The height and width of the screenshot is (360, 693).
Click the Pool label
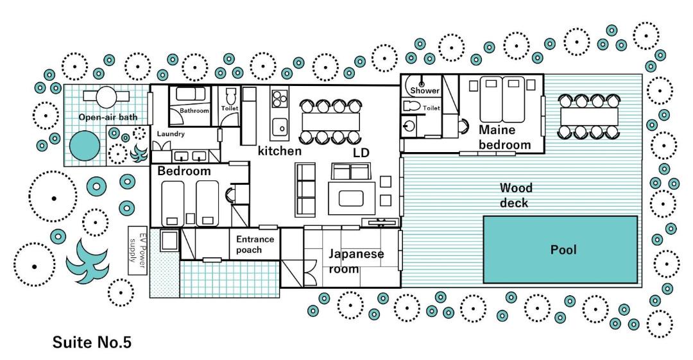(563, 250)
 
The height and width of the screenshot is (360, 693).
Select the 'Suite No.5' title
(92, 342)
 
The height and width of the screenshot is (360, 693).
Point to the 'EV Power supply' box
(137, 250)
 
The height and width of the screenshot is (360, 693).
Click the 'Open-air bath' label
(108, 117)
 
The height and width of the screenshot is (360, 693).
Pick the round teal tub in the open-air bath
(85, 145)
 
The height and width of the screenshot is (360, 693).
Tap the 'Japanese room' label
(355, 261)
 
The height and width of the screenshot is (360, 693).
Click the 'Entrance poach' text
(255, 244)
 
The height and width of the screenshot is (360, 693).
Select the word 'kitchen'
(279, 151)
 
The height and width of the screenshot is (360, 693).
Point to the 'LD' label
(361, 153)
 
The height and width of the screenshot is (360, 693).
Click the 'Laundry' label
(171, 133)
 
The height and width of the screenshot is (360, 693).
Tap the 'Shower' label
(425, 90)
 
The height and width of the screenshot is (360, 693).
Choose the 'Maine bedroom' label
(504, 137)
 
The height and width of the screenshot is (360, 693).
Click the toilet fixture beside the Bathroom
(230, 98)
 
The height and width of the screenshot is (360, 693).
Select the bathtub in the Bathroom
(191, 95)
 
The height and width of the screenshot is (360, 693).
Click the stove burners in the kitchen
(279, 99)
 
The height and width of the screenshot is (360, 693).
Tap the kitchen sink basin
(279, 127)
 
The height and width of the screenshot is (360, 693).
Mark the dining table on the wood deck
(589, 117)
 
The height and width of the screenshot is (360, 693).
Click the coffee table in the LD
(351, 198)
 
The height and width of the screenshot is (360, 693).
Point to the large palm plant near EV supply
(87, 261)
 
